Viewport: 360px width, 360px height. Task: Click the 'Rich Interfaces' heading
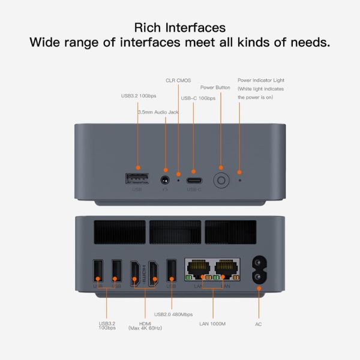(180, 28)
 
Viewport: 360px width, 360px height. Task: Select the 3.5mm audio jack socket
(166, 179)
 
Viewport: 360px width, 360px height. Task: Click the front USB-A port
(137, 179)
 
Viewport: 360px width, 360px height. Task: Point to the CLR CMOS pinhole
(178, 179)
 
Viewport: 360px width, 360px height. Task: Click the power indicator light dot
(240, 179)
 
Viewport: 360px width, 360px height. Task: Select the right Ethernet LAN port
(223, 269)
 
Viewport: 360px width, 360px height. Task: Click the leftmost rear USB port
(98, 271)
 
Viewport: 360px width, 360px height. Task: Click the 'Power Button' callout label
(215, 88)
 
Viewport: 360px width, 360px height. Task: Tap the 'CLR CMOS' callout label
(178, 80)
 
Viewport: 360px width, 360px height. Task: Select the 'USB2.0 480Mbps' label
(173, 314)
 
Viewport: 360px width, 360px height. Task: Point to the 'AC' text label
(259, 324)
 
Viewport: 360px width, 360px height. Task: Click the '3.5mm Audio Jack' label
(158, 112)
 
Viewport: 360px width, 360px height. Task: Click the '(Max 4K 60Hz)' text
(145, 328)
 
